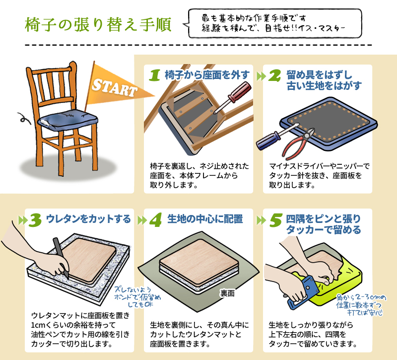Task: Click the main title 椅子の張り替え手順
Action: pos(98,24)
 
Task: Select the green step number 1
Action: pos(155,75)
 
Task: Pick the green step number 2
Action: pos(274,75)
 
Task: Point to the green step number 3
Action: pos(35,220)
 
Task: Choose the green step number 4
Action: pos(155,219)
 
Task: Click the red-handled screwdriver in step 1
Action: pos(232,97)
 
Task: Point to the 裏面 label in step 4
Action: pos(227,293)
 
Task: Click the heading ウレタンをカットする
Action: pos(88,219)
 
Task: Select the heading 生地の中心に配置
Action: pos(205,219)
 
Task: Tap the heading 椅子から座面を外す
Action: pos(207,75)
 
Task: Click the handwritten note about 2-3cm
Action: pos(361,305)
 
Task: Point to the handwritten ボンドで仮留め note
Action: pos(137,297)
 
